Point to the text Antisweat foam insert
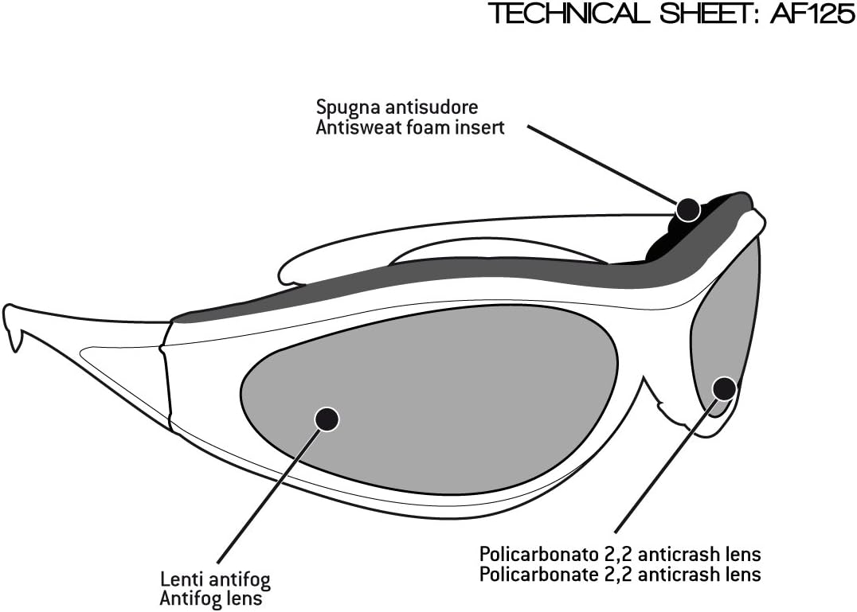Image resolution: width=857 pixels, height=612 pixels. pos(410,127)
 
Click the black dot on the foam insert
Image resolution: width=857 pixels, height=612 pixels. pos(688,209)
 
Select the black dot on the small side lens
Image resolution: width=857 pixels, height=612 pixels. pos(723,388)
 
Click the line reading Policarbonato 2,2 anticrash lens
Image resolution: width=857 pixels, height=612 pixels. pos(620,554)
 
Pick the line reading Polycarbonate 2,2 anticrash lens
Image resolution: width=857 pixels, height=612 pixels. pos(620,573)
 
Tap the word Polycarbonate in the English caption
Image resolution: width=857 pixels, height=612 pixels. pos(525,573)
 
